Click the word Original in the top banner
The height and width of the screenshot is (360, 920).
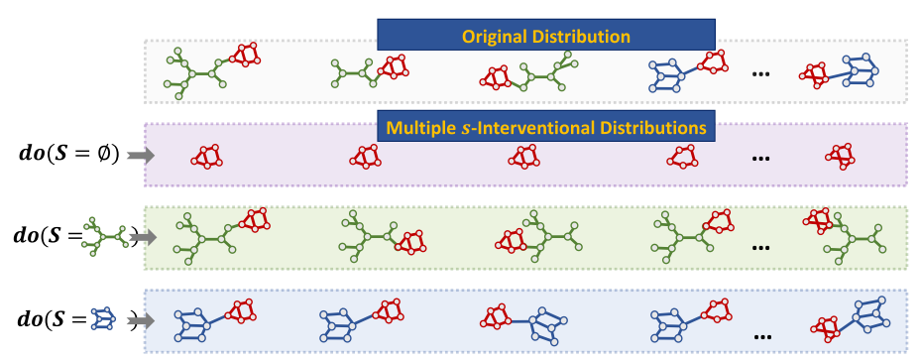(x=495, y=37)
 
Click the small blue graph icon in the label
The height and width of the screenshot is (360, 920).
(x=103, y=318)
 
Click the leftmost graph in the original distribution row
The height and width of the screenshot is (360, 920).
(x=212, y=69)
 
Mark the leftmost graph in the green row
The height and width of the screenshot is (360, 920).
(x=219, y=234)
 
